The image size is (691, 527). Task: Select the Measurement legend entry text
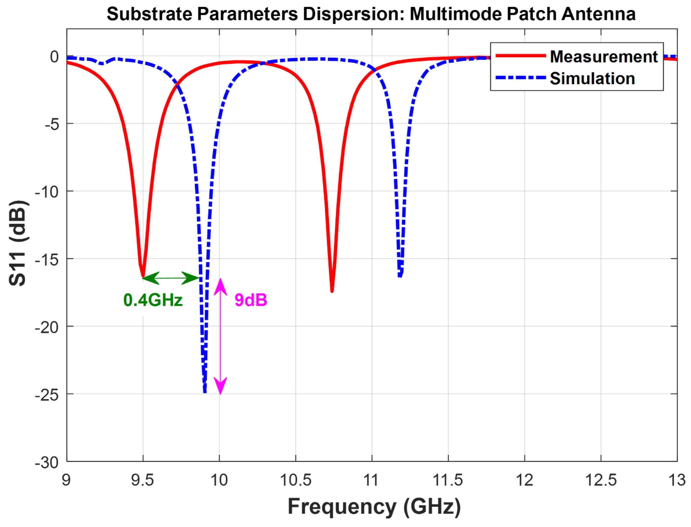[x=603, y=57]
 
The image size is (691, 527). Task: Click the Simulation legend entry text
[x=592, y=79]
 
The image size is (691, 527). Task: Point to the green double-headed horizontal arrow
[x=171, y=278]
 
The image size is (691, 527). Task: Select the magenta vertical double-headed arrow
[x=220, y=336]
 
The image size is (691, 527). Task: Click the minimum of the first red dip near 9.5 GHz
[x=143, y=276]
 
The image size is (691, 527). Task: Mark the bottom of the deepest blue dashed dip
[x=205, y=391]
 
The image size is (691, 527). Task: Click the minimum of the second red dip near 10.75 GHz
[x=332, y=291]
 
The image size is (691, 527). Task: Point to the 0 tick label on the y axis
[x=54, y=57]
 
